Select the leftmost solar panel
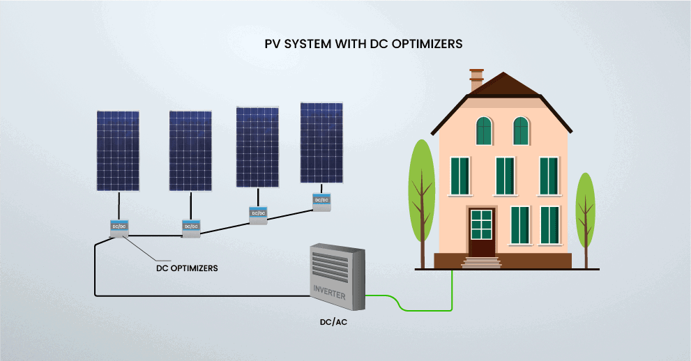pyautogui.click(x=118, y=150)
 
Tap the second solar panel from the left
pyautogui.click(x=190, y=150)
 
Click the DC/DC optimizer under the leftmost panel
pyautogui.click(x=119, y=226)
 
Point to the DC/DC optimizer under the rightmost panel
pyautogui.click(x=321, y=200)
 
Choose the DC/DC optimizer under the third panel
pyautogui.click(x=258, y=213)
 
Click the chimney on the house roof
pyautogui.click(x=477, y=79)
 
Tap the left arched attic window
pyautogui.click(x=484, y=130)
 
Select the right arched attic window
pyautogui.click(x=521, y=130)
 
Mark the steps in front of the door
pyautogui.click(x=481, y=263)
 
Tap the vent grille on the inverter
pyautogui.click(x=335, y=263)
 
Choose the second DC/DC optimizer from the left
pyautogui.click(x=191, y=226)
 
